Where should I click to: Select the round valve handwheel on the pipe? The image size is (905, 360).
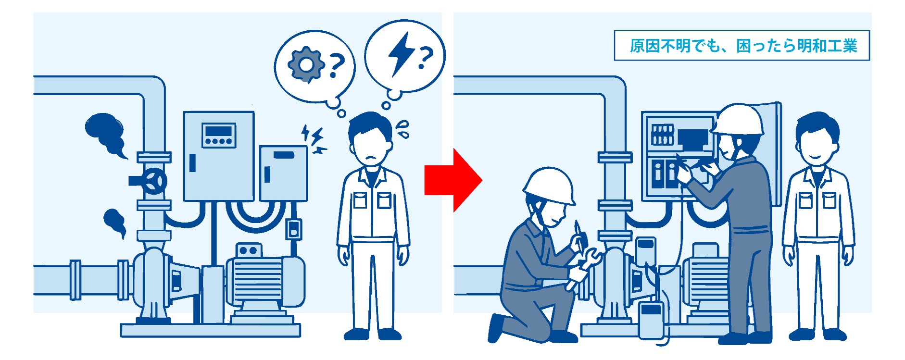[154, 181]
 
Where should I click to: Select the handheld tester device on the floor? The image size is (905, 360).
[652, 319]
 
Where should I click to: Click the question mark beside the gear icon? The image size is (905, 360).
[336, 66]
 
